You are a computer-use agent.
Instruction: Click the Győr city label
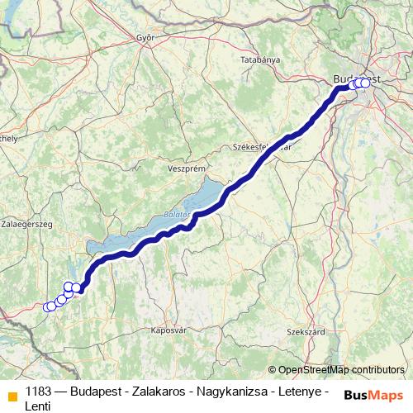tap(146, 37)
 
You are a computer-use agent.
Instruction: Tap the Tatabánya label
tap(260, 60)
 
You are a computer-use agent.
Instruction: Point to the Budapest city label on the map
tap(357, 78)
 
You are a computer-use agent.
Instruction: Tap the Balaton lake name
tap(177, 214)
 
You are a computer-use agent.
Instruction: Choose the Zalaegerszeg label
tap(27, 224)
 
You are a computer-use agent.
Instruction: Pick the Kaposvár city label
tap(167, 330)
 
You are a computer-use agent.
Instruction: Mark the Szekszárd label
tap(302, 331)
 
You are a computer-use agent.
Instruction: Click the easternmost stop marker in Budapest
tap(365, 83)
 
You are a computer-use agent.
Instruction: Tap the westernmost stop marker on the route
tap(47, 307)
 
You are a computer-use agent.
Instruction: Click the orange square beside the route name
tap(12, 396)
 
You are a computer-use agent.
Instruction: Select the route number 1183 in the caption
tap(40, 391)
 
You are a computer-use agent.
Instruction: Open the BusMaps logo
tap(373, 395)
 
